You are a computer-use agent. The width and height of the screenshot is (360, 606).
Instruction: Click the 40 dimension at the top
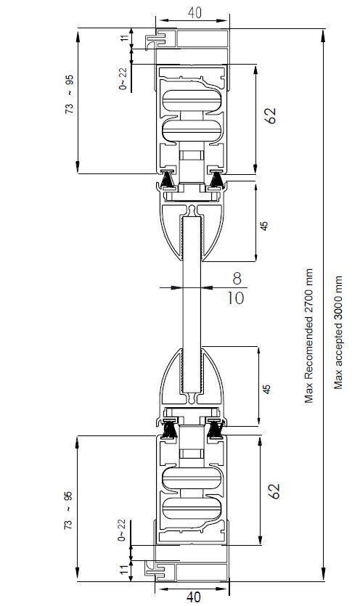coord(195,13)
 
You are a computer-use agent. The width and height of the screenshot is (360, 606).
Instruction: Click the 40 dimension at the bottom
coord(193,597)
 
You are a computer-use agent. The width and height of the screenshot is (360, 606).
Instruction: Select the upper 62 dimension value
coord(271,115)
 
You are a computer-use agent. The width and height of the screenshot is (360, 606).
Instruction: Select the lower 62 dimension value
coord(274,491)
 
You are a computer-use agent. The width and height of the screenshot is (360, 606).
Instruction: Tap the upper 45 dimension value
coord(263,226)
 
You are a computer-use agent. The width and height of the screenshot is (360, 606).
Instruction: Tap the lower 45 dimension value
coord(267,389)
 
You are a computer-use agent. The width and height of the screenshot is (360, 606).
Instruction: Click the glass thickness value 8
coord(237,278)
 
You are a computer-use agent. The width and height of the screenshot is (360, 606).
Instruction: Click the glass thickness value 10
coord(235,298)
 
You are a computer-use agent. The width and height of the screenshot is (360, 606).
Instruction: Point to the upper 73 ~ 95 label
coord(69,94)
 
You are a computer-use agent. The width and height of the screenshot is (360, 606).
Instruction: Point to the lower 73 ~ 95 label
coord(68,510)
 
